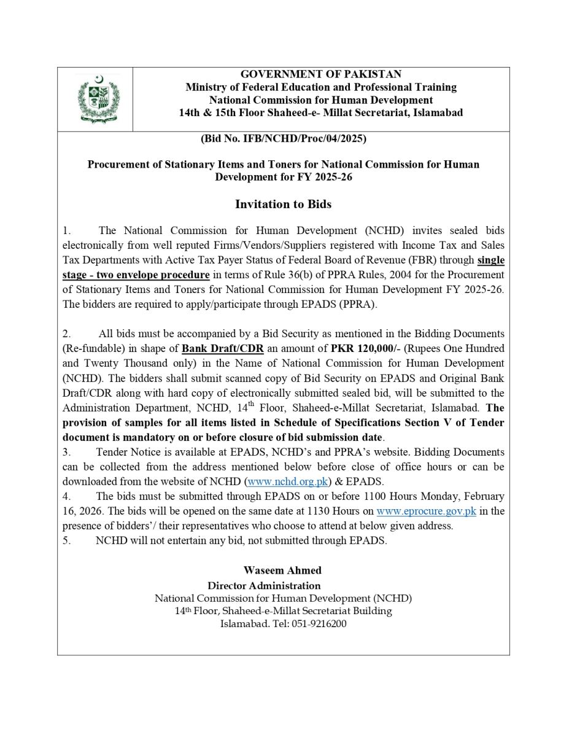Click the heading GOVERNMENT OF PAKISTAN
pyautogui.click(x=320, y=74)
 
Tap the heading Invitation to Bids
pyautogui.click(x=283, y=204)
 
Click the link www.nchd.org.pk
pyautogui.click(x=287, y=481)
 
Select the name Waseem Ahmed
pyautogui.click(x=282, y=570)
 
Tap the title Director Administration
pyautogui.click(x=264, y=585)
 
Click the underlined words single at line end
pyautogui.click(x=490, y=260)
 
